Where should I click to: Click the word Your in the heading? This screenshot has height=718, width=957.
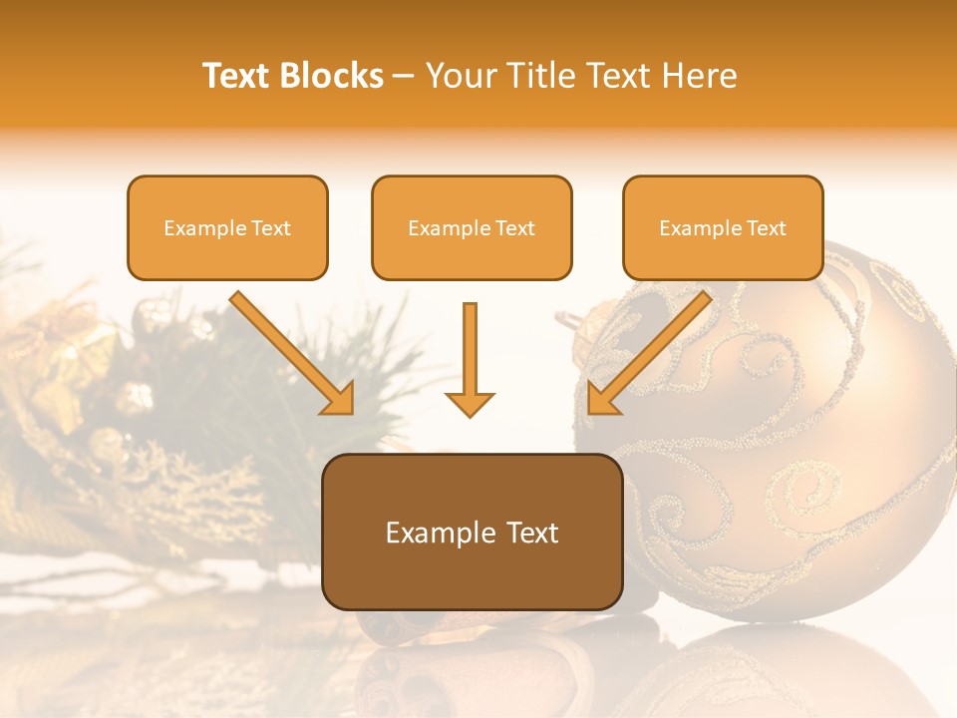pos(462,76)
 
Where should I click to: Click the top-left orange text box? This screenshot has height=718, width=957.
pos(227,227)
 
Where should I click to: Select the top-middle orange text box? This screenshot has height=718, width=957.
pos(472,227)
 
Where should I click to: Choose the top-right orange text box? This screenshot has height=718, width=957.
pos(723,227)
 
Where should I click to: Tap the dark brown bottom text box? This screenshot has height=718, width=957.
pos(472,532)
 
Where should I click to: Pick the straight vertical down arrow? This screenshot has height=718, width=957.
pos(470,359)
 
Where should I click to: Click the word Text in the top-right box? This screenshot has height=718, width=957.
pos(766,228)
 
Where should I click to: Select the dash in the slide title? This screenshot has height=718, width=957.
pos(404,77)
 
